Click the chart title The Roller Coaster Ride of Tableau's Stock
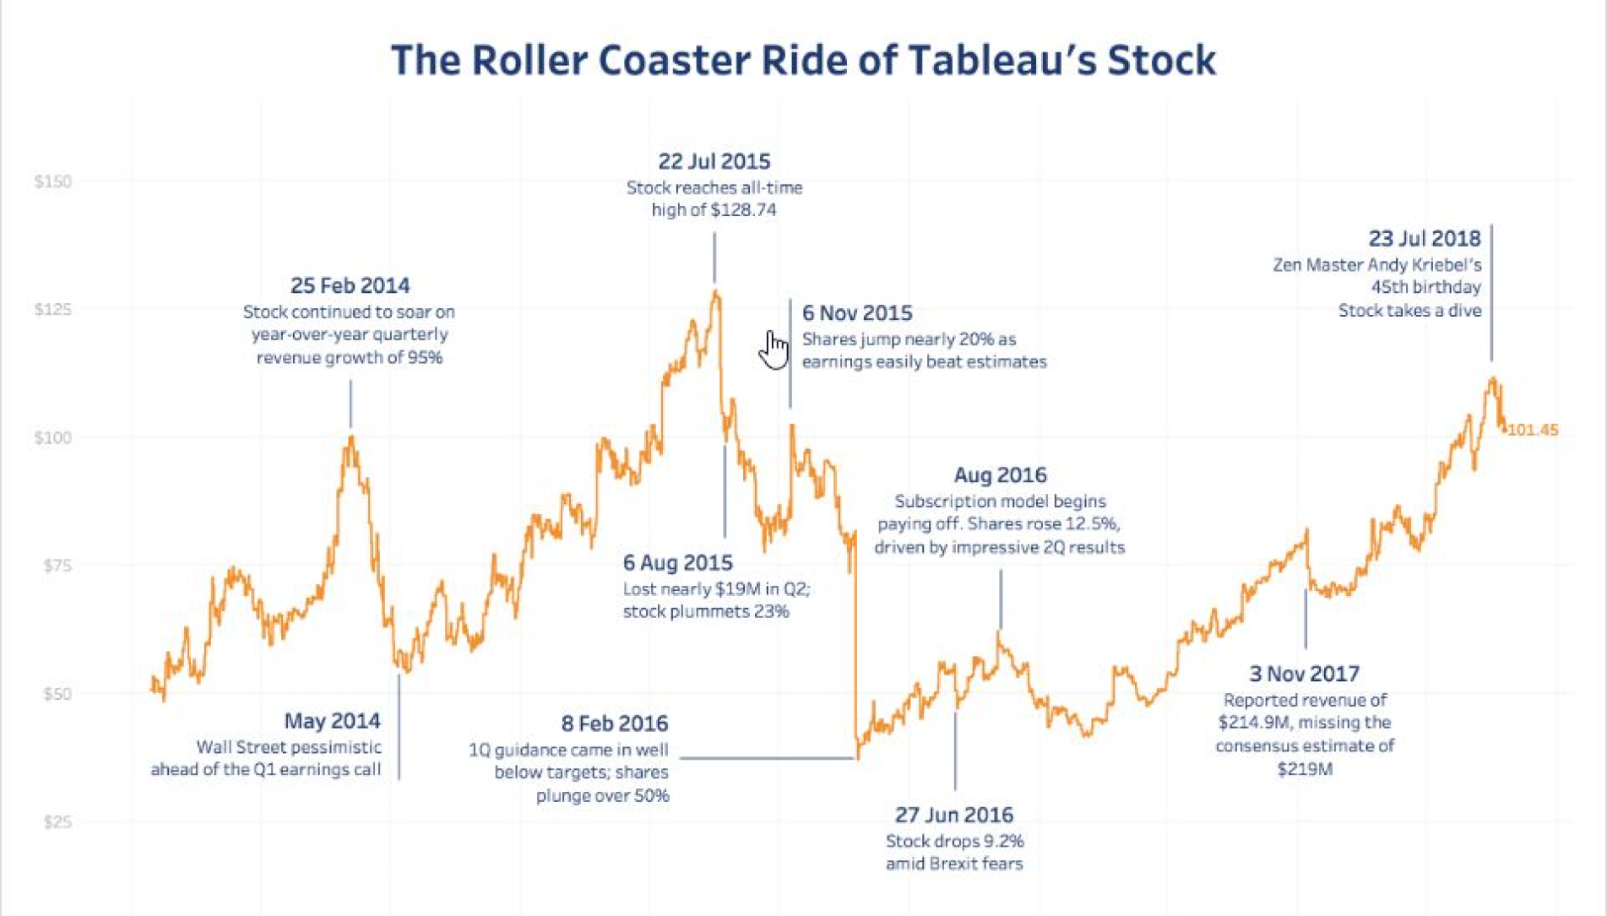(x=803, y=60)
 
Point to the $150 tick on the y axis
(x=52, y=182)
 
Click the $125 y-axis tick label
(x=52, y=310)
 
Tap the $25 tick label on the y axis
(x=57, y=822)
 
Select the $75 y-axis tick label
(x=57, y=566)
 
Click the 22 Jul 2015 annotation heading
(x=714, y=161)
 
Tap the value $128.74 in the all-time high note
(x=743, y=210)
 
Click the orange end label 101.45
(x=1533, y=430)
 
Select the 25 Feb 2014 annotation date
(x=350, y=285)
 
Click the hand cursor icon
(x=773, y=350)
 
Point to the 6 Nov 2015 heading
(x=856, y=313)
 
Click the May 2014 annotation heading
(x=332, y=721)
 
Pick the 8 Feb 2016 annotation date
(x=614, y=724)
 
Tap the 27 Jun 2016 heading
(x=954, y=815)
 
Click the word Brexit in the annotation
(x=948, y=864)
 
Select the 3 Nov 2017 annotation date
(x=1304, y=674)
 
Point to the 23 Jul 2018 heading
(x=1424, y=238)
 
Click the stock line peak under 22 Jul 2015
(x=716, y=293)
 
